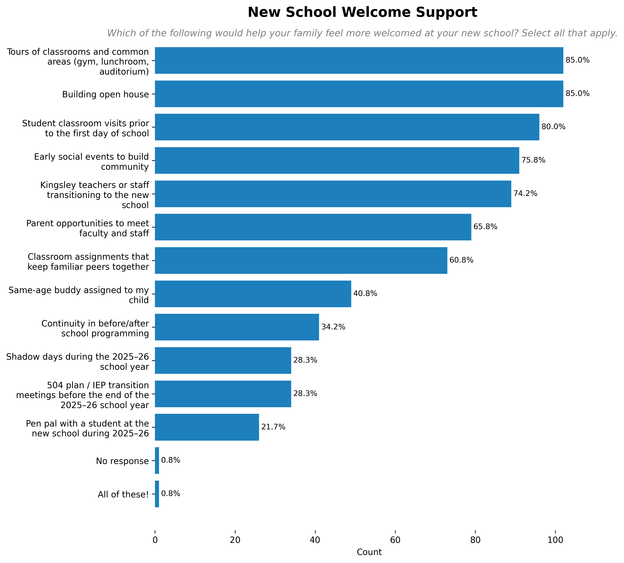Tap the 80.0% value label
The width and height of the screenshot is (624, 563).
(553, 127)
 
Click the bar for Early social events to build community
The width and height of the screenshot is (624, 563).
(337, 160)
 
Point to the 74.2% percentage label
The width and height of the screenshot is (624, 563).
(525, 194)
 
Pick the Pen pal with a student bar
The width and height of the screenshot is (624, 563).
(207, 427)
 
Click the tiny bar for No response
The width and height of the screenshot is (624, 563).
(157, 460)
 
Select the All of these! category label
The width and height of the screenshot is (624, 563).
(123, 494)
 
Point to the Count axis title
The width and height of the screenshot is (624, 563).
(369, 552)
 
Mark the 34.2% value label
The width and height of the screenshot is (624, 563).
(333, 327)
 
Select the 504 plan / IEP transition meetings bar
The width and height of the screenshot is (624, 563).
(223, 394)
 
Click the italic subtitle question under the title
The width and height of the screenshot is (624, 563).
(362, 33)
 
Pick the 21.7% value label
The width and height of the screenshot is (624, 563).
(273, 427)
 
